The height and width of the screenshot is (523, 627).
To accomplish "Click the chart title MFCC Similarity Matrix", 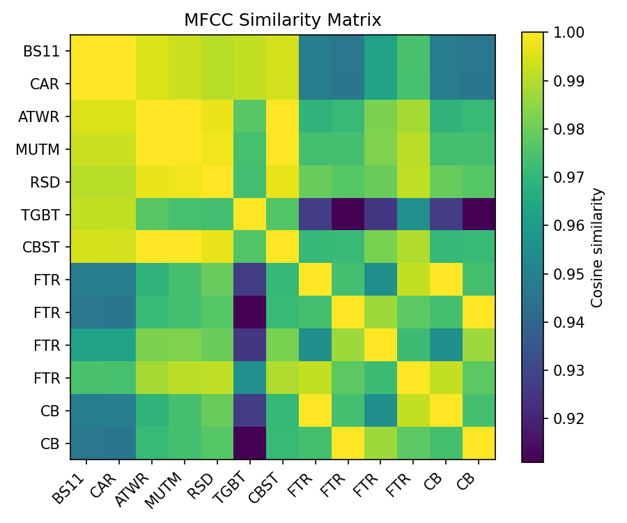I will [x=282, y=20].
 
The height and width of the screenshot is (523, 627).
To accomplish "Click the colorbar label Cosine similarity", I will [x=597, y=247].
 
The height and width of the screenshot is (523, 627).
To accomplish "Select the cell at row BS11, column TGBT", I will [x=250, y=51].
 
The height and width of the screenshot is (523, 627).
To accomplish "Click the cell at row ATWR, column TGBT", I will [x=250, y=116].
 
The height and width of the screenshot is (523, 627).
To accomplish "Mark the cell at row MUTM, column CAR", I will [x=119, y=149].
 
